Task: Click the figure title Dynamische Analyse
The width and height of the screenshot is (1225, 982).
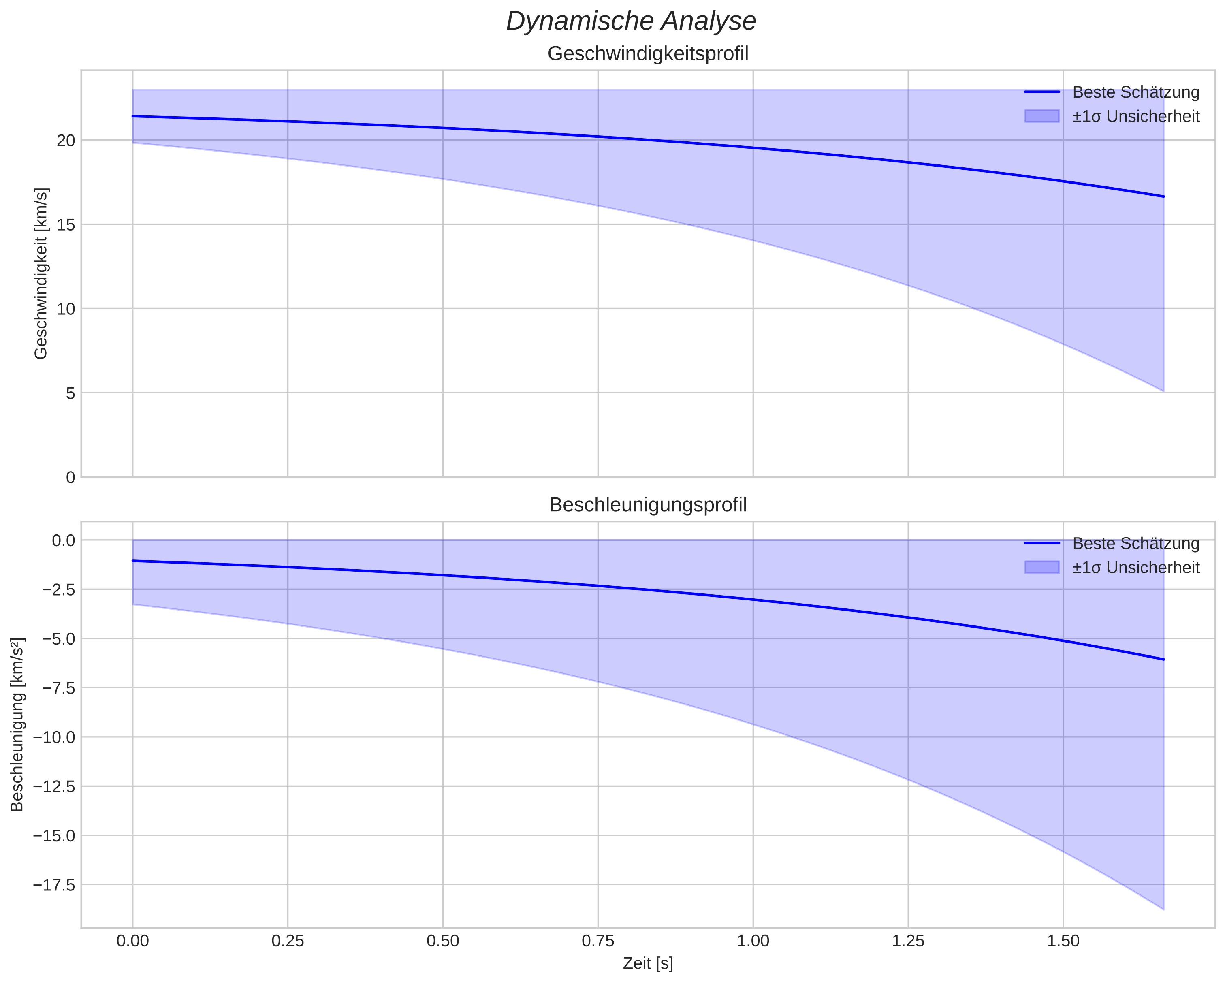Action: click(631, 21)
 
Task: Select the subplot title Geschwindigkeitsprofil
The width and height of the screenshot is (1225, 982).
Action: click(648, 54)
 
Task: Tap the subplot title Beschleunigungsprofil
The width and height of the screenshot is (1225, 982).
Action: click(648, 505)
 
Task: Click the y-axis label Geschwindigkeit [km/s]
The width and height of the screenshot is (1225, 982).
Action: click(41, 273)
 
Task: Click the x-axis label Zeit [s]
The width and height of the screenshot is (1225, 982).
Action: click(648, 964)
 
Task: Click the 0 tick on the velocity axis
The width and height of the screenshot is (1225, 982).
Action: click(70, 477)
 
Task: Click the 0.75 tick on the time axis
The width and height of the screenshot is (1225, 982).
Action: click(598, 941)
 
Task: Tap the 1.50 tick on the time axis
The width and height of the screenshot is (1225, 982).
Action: click(1063, 941)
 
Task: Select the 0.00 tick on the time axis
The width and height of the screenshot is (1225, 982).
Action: click(132, 941)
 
